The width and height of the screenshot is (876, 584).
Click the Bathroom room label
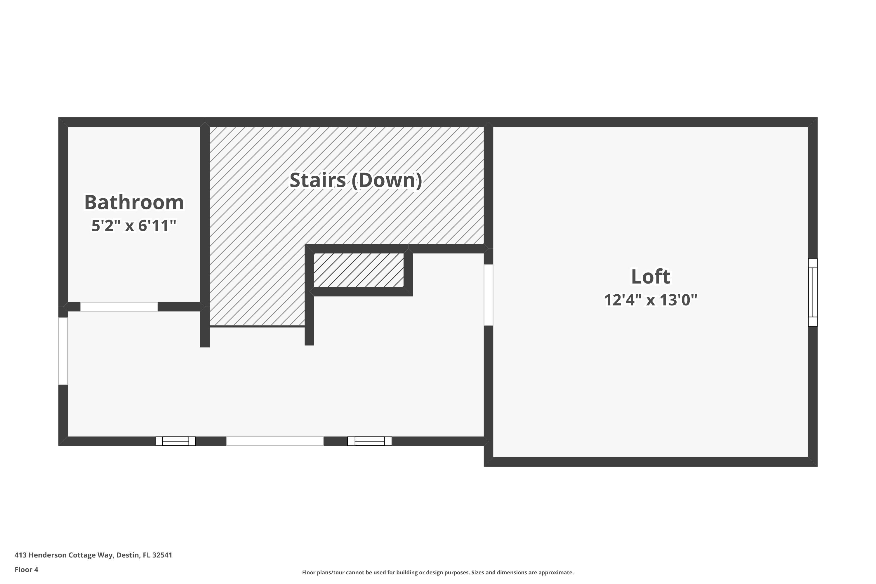134,203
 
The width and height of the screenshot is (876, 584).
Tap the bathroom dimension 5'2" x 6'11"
134,226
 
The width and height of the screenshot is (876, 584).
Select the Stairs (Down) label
356,180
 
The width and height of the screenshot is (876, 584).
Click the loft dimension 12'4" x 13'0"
650,300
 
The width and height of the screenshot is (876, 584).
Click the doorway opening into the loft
488,295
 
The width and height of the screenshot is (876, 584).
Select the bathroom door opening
119,307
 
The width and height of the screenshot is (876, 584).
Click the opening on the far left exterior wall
63,351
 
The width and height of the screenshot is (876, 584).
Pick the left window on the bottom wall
175,441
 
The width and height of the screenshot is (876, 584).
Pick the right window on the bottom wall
369,441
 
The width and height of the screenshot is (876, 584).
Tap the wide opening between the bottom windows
275,441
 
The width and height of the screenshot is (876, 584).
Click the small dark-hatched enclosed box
359,270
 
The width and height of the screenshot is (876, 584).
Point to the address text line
93,555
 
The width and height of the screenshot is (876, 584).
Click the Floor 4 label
27,569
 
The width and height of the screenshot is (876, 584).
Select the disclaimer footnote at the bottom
438,572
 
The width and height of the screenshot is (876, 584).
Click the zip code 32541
162,555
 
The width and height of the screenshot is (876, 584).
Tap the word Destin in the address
128,555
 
